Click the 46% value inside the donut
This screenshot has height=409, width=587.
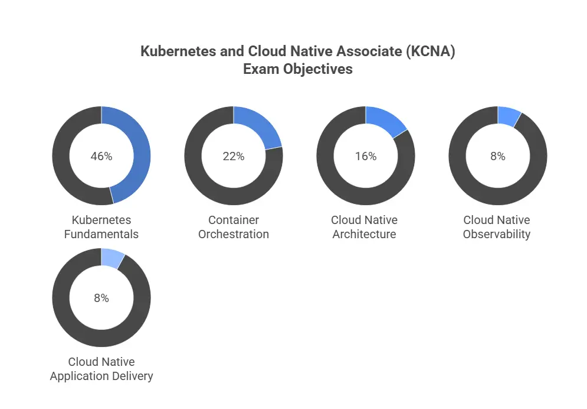point(101,157)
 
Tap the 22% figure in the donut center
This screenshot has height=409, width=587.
point(234,157)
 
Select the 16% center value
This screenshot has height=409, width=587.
point(366,157)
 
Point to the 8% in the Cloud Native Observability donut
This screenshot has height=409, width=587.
point(498,157)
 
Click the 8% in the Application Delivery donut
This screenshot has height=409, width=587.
point(101,298)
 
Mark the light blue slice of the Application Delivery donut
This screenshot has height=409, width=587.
point(112,258)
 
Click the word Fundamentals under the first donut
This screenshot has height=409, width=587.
point(101,234)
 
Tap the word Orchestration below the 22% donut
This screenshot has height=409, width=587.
point(234,234)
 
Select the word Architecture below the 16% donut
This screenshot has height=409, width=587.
point(364,234)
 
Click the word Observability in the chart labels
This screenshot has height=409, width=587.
point(497,234)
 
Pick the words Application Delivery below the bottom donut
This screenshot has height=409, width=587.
point(101,376)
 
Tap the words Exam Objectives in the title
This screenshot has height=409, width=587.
point(298,69)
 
